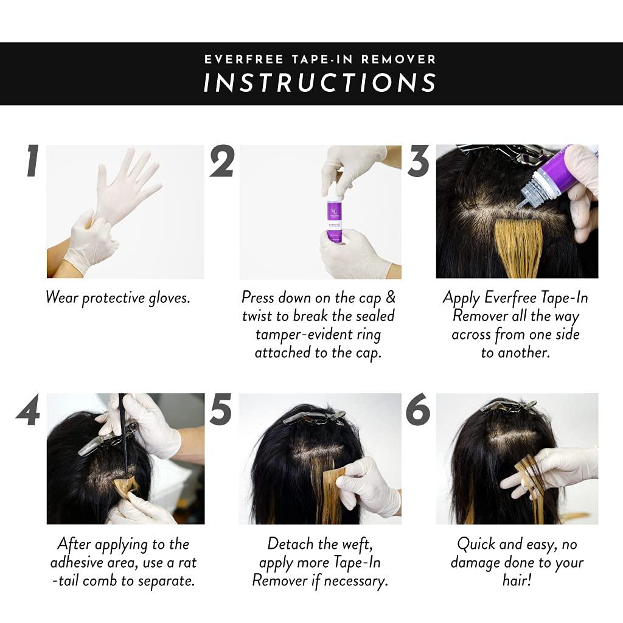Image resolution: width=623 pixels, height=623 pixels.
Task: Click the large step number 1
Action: click(32, 161)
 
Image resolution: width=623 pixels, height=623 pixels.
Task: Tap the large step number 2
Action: click(222, 162)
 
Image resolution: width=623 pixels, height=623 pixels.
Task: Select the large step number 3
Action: click(418, 161)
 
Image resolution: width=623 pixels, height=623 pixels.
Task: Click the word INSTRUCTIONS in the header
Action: click(320, 83)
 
